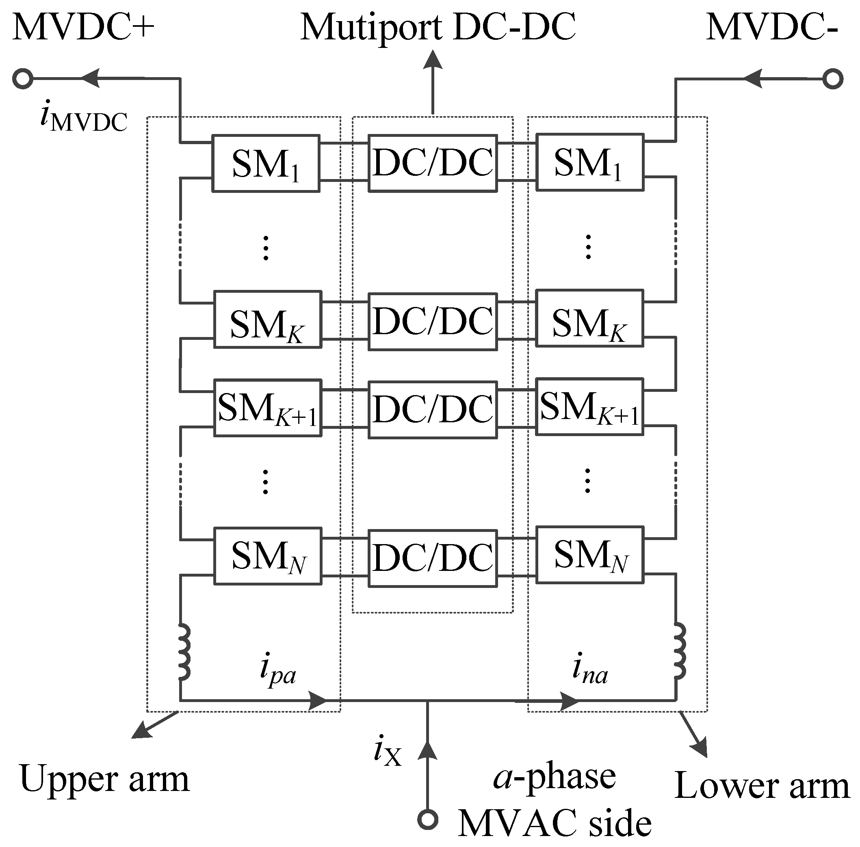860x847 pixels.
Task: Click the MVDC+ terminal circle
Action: pos(22,79)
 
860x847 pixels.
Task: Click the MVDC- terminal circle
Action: pos(832,79)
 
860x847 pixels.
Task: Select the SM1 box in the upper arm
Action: pos(266,163)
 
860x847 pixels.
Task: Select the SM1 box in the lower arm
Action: pos(589,162)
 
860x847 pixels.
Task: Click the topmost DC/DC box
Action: pos(433,163)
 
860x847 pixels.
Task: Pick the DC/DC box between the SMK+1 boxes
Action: pos(433,409)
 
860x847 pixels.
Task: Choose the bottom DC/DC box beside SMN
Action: pos(433,558)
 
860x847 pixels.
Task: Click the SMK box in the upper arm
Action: pos(268,320)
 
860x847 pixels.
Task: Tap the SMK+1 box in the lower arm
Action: pos(589,406)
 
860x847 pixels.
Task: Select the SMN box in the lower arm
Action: pos(589,555)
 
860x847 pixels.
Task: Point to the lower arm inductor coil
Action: pos(679,651)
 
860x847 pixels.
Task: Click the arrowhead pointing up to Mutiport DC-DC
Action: pos(432,60)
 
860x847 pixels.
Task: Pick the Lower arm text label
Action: pos(762,785)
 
